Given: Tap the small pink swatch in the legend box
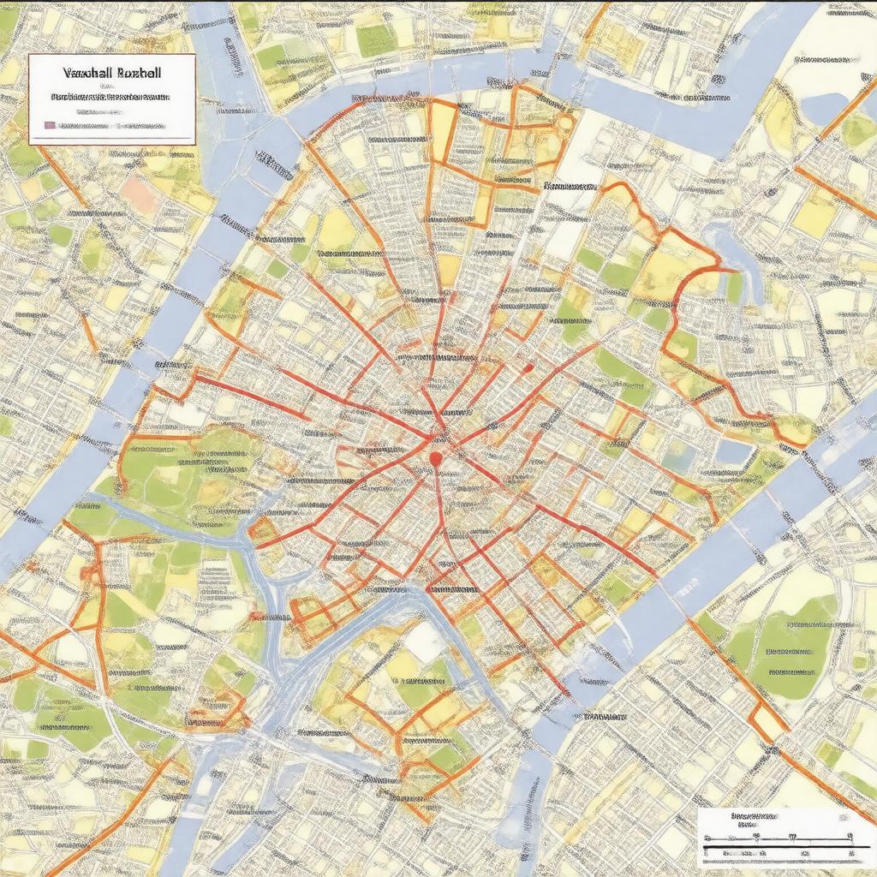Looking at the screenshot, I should (x=49, y=125).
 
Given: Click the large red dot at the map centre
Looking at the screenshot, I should (x=436, y=460).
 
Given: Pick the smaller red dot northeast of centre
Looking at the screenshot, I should (x=528, y=368).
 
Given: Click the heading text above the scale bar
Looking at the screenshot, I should (x=754, y=817).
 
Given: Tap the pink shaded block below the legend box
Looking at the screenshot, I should (x=140, y=195).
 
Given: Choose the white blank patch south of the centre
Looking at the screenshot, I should (x=424, y=641).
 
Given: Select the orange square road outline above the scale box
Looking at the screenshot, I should (x=768, y=720).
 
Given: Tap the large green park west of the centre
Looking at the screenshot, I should (x=188, y=467).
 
